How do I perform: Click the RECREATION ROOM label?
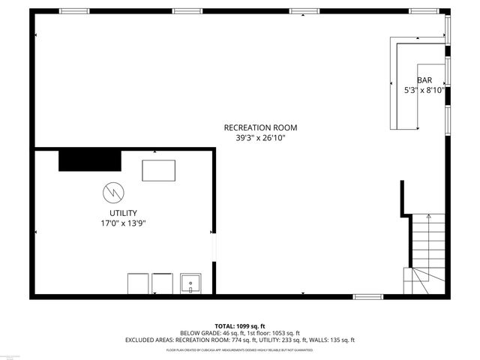point(255,127)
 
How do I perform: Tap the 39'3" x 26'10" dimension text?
point(255,137)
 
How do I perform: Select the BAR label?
point(424,79)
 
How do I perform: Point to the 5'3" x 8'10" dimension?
point(424,90)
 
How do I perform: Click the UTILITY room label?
point(123,213)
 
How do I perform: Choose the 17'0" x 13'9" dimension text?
point(123,223)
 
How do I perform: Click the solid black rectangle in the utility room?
point(90,160)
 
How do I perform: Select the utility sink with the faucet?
point(190,284)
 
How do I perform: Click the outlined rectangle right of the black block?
point(159,170)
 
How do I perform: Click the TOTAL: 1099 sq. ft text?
point(240,326)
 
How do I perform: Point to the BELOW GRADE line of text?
point(240,333)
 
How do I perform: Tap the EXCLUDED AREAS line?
point(240,340)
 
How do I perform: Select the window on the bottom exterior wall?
point(368,297)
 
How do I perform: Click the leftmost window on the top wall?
point(74,11)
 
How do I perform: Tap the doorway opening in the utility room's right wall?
point(214,244)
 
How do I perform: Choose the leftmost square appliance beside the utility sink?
point(138,284)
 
